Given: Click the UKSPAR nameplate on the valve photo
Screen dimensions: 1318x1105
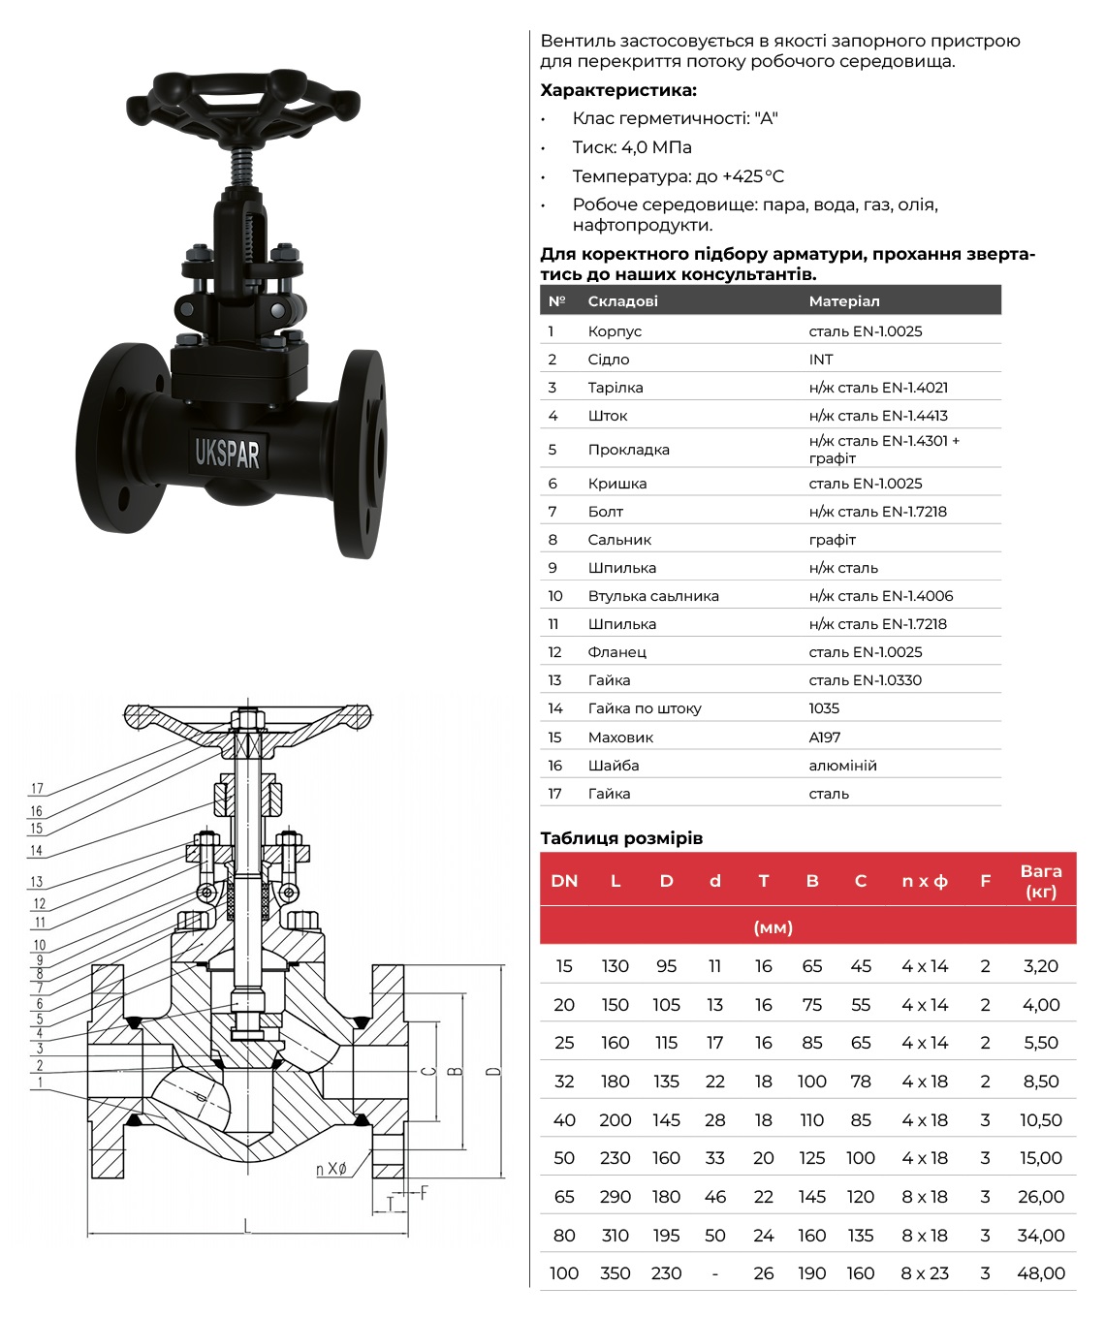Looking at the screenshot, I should pos(228,453).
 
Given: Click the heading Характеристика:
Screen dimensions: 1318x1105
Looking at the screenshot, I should pos(618,90).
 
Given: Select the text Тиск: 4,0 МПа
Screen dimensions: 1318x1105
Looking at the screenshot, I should pos(632,147).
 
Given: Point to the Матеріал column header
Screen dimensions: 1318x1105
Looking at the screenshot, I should pos(844,300).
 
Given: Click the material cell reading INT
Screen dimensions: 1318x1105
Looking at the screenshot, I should pos(821,359).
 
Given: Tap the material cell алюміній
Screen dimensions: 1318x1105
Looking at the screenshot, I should pos(842,765).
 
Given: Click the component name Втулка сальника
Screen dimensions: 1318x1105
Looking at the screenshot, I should pos(653,595).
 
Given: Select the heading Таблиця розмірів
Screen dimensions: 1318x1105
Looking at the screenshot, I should pos(621,837).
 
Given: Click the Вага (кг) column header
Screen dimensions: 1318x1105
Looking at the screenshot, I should pos(1041,881).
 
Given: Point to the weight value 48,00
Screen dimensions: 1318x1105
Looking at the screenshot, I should pos(1041,1273).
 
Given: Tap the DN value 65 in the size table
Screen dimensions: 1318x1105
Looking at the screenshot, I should pos(564,1197).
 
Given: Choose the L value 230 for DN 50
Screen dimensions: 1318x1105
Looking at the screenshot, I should pos(616,1158).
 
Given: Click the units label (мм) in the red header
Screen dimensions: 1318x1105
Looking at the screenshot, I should pos(773,927).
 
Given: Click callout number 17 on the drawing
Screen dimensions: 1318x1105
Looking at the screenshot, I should pos(37,789).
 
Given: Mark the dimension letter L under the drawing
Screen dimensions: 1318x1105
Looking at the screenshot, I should pos(247,1227).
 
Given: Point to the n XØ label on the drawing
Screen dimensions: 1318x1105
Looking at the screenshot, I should pos(331,1169).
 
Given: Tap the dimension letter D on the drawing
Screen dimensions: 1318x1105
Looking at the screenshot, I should pos(494,1071).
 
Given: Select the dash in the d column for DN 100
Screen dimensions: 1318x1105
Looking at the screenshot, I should pos(714,1273).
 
